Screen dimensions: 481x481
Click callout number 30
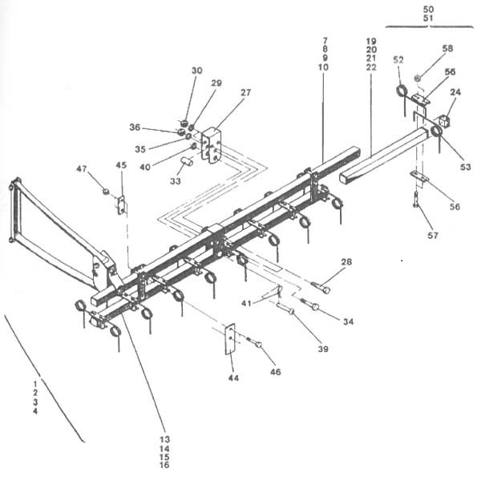coord(197,71)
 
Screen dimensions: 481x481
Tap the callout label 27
coord(246,92)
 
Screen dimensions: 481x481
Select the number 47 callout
coord(82,168)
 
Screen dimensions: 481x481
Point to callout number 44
coord(233,378)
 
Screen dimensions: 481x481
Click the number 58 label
coord(447,48)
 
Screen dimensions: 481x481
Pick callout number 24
coord(455,92)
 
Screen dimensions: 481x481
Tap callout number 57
coord(433,235)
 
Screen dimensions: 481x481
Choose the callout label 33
coord(176,181)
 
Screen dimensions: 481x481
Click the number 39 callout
coord(323,349)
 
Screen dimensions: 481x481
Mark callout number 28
coord(346,262)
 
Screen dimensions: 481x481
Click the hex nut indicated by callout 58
coord(417,79)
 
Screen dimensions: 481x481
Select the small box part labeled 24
coord(444,120)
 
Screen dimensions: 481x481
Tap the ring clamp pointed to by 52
coord(401,91)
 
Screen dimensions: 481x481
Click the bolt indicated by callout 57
coord(416,200)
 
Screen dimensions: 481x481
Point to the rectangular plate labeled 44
coord(230,339)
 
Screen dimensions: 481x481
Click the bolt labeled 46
coord(255,342)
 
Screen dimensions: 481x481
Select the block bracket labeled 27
coord(211,146)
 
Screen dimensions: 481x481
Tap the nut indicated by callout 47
coord(106,192)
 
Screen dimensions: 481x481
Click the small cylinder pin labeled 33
coord(187,161)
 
